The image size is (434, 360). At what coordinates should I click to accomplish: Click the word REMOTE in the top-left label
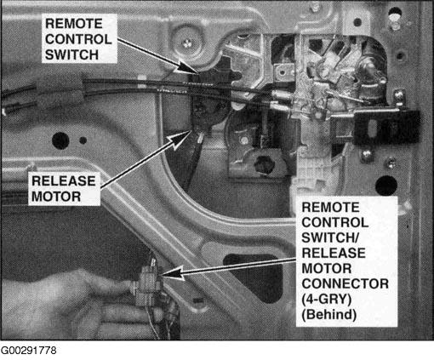click(x=74, y=24)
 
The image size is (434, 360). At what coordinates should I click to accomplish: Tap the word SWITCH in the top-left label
click(x=71, y=54)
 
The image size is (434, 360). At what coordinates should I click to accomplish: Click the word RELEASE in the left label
click(x=64, y=181)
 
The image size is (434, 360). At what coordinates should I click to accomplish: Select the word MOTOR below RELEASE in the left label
click(x=56, y=197)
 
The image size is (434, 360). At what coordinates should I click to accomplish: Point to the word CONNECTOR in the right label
click(x=345, y=283)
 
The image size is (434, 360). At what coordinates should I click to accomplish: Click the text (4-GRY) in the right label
click(x=327, y=300)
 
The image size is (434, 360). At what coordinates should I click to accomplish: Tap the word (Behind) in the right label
click(x=329, y=315)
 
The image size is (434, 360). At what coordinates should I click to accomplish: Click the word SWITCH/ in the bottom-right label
click(x=330, y=237)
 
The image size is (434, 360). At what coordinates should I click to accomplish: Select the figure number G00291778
click(x=28, y=351)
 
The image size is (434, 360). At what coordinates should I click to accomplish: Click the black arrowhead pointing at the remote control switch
click(x=188, y=67)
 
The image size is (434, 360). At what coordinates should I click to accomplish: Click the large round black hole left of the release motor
click(x=60, y=140)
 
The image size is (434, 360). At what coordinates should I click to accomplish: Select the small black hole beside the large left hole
click(x=83, y=140)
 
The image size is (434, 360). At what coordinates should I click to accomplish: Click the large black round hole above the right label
click(x=386, y=186)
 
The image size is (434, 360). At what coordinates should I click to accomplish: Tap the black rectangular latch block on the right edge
click(x=387, y=127)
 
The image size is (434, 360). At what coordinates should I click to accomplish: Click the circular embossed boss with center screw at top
click(x=187, y=43)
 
